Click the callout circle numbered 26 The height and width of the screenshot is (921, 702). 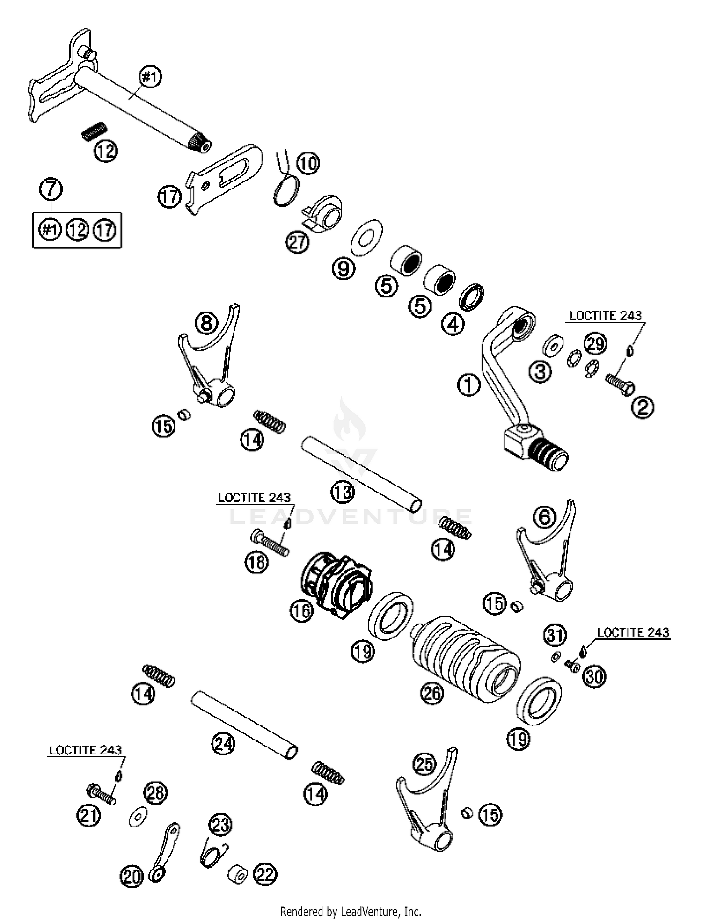click(x=431, y=693)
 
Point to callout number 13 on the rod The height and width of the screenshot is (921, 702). click(x=343, y=492)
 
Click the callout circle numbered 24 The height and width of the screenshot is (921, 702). click(x=223, y=743)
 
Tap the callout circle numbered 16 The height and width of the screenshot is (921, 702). click(x=301, y=611)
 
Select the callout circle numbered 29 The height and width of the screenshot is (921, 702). click(x=595, y=344)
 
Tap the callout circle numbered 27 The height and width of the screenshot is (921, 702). click(x=298, y=242)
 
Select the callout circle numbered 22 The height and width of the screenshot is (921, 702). click(x=265, y=874)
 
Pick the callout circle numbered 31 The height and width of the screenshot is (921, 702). click(x=555, y=635)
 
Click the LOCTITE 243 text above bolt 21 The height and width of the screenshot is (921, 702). click(x=85, y=750)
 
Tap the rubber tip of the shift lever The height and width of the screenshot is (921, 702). click(x=549, y=454)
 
